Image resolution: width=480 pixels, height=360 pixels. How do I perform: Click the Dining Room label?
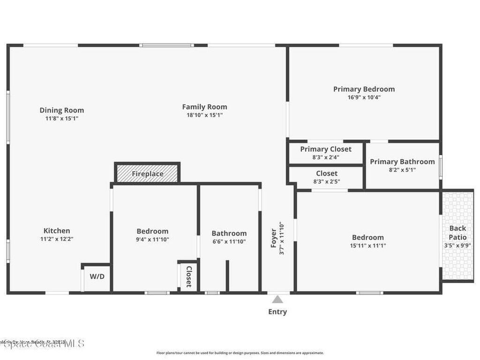click(61, 110)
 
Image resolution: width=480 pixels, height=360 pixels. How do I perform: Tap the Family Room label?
click(204, 107)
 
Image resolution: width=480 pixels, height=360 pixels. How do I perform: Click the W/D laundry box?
click(97, 277)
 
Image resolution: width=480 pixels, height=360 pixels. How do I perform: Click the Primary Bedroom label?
click(364, 89)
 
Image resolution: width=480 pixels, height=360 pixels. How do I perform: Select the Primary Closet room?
click(326, 153)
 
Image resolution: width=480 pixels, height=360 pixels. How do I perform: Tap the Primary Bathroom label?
click(402, 162)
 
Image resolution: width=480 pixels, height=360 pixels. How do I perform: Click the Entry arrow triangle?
click(278, 300)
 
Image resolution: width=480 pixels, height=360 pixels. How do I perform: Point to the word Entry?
click(277, 312)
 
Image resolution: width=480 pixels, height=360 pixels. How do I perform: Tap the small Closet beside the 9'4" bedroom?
click(188, 277)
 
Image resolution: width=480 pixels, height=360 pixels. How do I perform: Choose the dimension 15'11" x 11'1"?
click(367, 245)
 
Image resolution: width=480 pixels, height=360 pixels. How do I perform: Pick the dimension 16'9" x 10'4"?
click(364, 97)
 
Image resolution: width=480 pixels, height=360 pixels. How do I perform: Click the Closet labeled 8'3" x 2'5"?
click(326, 177)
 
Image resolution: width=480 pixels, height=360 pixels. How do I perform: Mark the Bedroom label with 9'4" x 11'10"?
click(152, 231)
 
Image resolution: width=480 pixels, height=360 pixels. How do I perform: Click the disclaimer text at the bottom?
click(240, 353)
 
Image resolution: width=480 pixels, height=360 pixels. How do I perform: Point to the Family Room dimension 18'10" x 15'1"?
click(204, 115)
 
